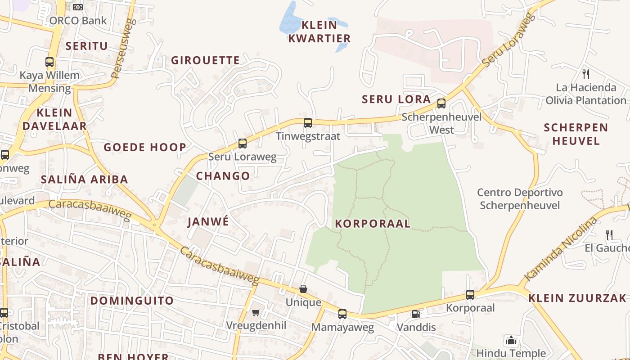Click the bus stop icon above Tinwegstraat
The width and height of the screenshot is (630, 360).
tap(308, 123)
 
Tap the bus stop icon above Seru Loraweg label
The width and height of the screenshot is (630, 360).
tap(243, 144)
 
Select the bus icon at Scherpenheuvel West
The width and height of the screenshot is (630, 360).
tap(441, 103)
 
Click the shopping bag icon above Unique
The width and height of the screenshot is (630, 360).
tap(303, 289)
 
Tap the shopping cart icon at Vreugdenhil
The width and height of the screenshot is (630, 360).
tap(256, 312)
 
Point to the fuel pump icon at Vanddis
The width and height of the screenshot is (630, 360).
tap(416, 314)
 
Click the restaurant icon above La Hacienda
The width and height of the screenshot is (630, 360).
tap(585, 74)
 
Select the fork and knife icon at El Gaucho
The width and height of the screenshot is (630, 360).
tap(609, 234)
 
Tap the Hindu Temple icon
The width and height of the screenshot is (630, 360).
tap(511, 340)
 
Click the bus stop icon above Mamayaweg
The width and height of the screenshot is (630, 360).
tap(342, 314)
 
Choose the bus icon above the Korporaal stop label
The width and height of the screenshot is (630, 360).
tap(470, 295)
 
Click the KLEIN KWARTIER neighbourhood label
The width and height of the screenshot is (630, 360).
tap(319, 31)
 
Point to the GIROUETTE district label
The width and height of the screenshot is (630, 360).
tap(205, 60)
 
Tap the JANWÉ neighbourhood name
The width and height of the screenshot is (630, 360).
tap(208, 221)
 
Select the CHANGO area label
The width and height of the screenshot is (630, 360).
tap(223, 176)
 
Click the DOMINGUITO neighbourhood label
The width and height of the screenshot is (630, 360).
tap(132, 301)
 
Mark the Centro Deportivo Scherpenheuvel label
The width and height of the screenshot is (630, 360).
tap(520, 199)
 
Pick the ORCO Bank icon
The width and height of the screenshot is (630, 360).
tap(78, 7)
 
